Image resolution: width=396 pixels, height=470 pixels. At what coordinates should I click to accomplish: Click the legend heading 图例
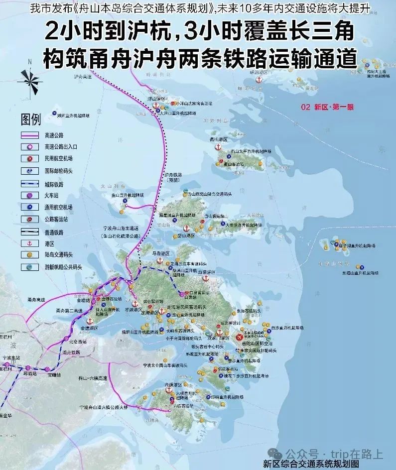(x=31, y=119)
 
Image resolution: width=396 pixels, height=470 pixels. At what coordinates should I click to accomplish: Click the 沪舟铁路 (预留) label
(x=172, y=178)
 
